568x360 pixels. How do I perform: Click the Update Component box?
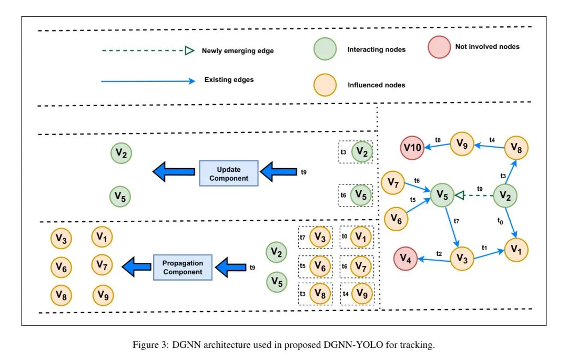229,173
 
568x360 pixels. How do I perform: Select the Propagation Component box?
182,268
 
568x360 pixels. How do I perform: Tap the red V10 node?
413,148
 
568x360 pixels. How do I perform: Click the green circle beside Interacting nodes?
325,49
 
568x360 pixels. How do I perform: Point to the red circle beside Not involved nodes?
439,47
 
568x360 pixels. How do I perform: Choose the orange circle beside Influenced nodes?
325,85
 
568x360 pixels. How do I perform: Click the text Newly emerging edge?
238,51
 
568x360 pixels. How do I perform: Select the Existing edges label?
229,80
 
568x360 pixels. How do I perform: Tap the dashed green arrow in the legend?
145,51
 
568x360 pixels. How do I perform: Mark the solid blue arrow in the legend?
147,81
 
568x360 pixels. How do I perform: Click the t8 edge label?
438,140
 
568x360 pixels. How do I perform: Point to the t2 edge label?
439,253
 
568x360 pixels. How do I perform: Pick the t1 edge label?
485,247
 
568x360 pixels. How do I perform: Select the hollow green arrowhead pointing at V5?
459,196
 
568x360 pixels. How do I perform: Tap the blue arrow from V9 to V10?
438,147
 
